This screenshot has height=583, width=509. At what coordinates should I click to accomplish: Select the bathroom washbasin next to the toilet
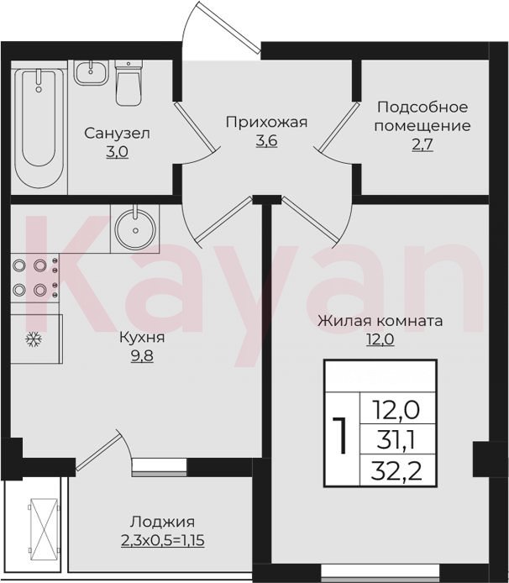91,72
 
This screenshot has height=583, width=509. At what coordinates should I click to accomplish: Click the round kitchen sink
135,228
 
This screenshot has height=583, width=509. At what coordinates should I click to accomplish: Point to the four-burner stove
34,277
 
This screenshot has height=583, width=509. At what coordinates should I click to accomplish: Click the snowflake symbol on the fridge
33,339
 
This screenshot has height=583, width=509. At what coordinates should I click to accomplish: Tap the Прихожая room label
267,123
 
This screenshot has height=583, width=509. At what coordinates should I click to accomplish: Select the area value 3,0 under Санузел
117,152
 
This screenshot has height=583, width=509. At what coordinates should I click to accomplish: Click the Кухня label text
142,338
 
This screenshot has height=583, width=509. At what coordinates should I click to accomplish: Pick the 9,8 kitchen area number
142,356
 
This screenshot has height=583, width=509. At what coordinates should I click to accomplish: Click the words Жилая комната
380,321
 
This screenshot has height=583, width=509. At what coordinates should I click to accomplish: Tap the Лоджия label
162,522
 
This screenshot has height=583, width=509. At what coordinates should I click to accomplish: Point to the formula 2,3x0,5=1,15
163,541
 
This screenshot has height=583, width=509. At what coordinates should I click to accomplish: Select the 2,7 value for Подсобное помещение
422,144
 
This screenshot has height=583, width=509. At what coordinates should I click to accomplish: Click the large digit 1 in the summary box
340,435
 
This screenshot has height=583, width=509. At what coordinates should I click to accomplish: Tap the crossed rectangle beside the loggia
44,528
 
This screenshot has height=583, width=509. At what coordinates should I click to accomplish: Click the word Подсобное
422,108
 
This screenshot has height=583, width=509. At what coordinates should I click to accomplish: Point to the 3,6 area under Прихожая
266,141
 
